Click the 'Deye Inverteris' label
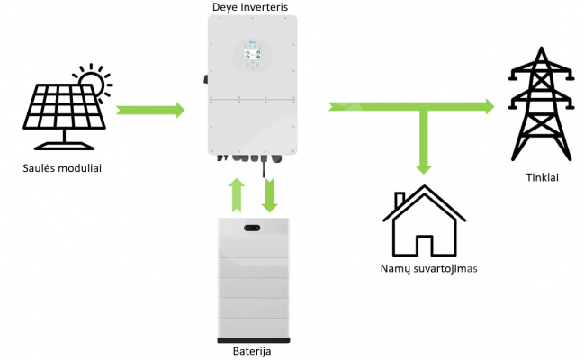(x=250, y=7)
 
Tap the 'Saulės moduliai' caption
(x=62, y=168)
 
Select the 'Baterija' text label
(x=252, y=351)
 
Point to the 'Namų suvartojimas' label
(x=428, y=268)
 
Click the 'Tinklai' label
(x=542, y=177)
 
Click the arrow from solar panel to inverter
(x=150, y=111)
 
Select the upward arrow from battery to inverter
(x=236, y=195)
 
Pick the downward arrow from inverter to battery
(x=269, y=195)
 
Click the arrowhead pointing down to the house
(x=424, y=169)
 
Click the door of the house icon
(x=424, y=245)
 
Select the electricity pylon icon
(x=541, y=104)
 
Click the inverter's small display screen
(x=252, y=55)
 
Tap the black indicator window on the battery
(x=252, y=228)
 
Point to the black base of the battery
(x=254, y=340)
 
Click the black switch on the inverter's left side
(x=205, y=79)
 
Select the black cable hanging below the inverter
(x=264, y=168)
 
